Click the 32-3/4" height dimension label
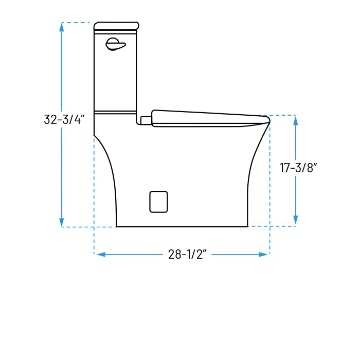tap(64, 119)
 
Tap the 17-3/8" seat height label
tap(299, 168)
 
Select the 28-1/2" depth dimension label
tap(187, 255)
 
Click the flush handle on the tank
tap(115, 45)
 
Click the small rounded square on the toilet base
tap(158, 201)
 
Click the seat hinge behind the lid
tap(146, 120)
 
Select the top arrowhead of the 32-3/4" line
tap(62, 27)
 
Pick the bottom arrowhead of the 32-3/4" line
tap(62, 222)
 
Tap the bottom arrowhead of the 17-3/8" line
tap(295, 221)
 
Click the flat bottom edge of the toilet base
tap(182, 226)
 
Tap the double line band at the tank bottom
tap(115, 112)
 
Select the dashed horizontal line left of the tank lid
tap(77, 23)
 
